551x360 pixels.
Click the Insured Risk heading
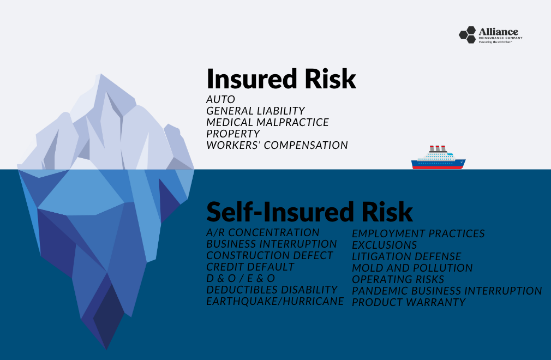click(x=281, y=79)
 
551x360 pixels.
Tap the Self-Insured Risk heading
click(x=309, y=212)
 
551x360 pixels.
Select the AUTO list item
click(x=221, y=100)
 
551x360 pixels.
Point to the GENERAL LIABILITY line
click(x=255, y=111)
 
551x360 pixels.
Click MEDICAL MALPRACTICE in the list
click(x=267, y=122)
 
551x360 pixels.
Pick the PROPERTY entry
click(x=233, y=134)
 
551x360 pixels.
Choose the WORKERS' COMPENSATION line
click(x=277, y=145)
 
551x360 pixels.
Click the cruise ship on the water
click(x=438, y=158)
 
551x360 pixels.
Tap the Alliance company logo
click(x=488, y=35)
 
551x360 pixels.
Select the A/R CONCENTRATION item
click(x=262, y=233)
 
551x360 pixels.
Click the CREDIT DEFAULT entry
click(x=250, y=267)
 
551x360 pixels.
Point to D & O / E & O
click(x=241, y=278)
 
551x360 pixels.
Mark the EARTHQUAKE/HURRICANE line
click(x=275, y=301)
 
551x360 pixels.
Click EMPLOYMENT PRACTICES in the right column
click(x=418, y=233)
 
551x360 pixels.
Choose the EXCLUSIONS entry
click(x=384, y=245)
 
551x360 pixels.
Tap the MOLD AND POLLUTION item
click(x=412, y=268)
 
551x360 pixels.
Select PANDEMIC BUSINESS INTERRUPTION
click(x=447, y=291)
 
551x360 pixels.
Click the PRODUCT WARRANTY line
click(x=409, y=302)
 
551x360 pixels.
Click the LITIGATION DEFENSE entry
click(x=406, y=256)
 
